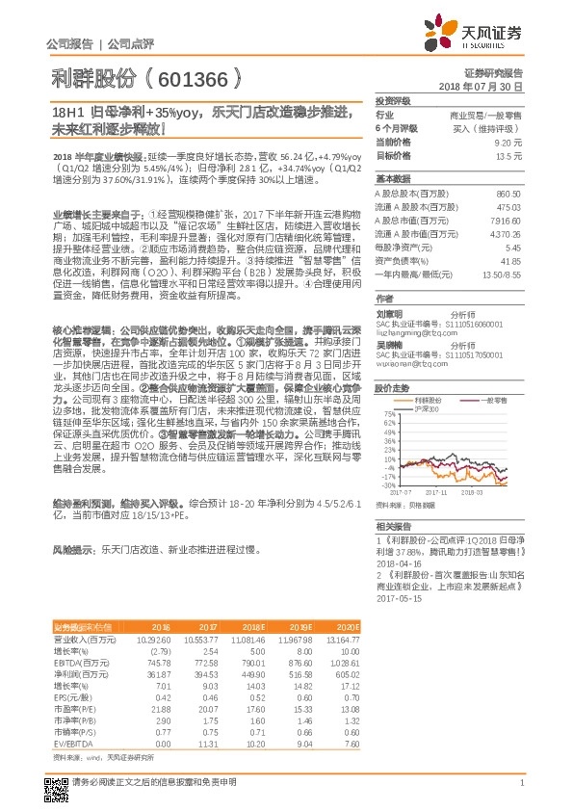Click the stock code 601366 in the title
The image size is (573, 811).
(198, 77)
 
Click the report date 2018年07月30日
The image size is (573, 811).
(485, 87)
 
